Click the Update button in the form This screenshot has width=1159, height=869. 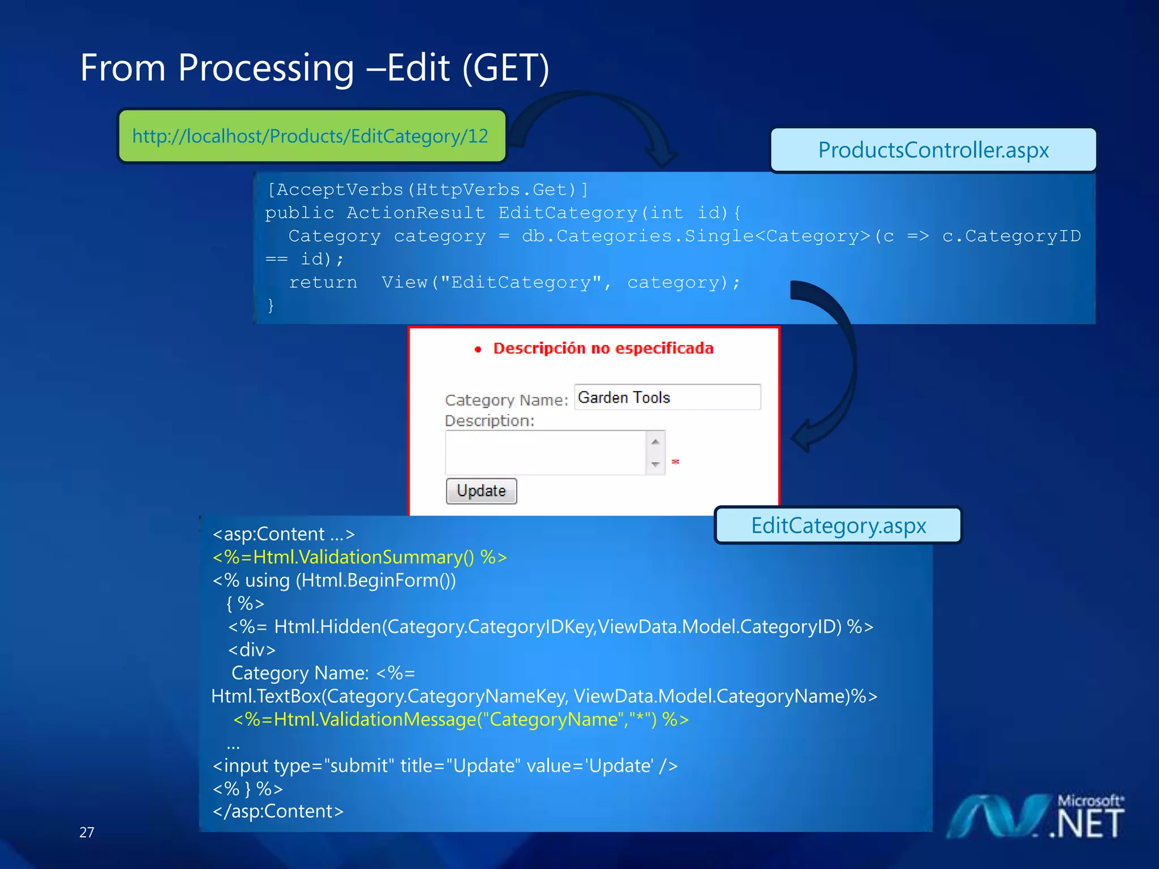481,491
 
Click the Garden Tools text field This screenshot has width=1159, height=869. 667,397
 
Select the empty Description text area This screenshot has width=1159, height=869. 545,453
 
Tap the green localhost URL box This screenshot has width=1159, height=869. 311,136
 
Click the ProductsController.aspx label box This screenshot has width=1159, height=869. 933,150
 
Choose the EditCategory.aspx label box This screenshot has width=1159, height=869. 838,526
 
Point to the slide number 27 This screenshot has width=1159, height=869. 87,832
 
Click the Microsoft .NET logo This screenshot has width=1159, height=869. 1036,817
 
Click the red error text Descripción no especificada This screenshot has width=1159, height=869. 603,349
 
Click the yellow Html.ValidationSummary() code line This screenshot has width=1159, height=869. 359,557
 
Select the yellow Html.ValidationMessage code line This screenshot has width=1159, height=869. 461,719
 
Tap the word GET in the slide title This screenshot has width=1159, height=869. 505,68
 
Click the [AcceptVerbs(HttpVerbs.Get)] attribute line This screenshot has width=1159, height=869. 427,190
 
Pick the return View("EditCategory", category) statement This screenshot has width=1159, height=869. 514,282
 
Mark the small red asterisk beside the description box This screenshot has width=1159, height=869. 675,462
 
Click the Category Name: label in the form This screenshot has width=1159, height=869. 506,400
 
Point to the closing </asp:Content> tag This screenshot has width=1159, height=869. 278,811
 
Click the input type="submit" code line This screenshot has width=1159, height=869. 445,765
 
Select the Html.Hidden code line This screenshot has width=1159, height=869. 550,627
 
